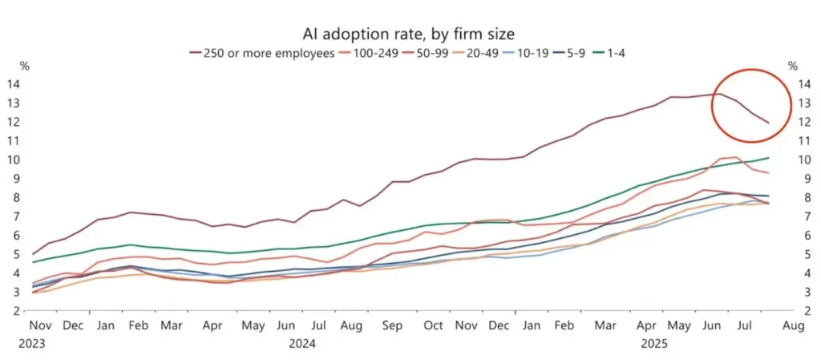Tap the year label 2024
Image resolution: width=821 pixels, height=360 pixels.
tap(301, 342)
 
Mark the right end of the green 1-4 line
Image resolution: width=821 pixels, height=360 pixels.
tap(769, 158)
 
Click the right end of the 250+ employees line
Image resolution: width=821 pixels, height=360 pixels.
tap(769, 123)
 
